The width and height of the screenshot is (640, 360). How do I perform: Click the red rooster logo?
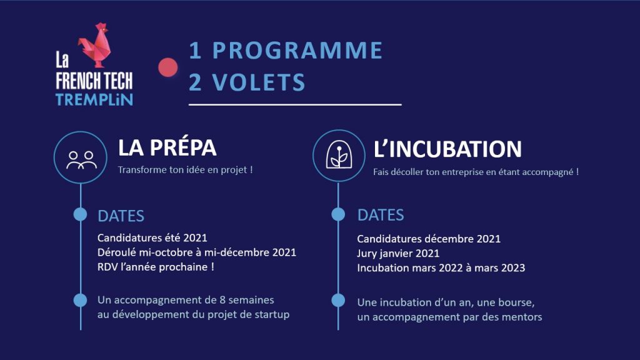[95, 45]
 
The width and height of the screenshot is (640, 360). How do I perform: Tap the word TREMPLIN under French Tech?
[94, 99]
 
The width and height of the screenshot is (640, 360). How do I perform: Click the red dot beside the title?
[168, 67]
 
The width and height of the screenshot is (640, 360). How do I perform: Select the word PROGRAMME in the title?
[297, 50]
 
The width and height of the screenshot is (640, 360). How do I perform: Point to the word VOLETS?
[258, 82]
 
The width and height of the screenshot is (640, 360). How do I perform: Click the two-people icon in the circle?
[82, 160]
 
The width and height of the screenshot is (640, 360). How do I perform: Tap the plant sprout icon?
[339, 155]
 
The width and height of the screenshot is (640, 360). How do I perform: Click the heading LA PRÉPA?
[167, 147]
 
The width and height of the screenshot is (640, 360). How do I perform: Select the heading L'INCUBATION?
[447, 149]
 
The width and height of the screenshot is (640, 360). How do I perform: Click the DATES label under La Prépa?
[121, 216]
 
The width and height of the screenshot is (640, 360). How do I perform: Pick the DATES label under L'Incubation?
[381, 215]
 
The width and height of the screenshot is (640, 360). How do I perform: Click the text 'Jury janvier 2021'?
[398, 254]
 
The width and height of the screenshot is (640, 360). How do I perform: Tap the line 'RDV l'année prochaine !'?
[156, 267]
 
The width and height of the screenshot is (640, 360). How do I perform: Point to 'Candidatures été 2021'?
[152, 237]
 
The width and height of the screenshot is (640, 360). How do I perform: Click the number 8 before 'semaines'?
[222, 300]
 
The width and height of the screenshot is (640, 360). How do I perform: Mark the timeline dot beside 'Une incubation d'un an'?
[338, 301]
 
